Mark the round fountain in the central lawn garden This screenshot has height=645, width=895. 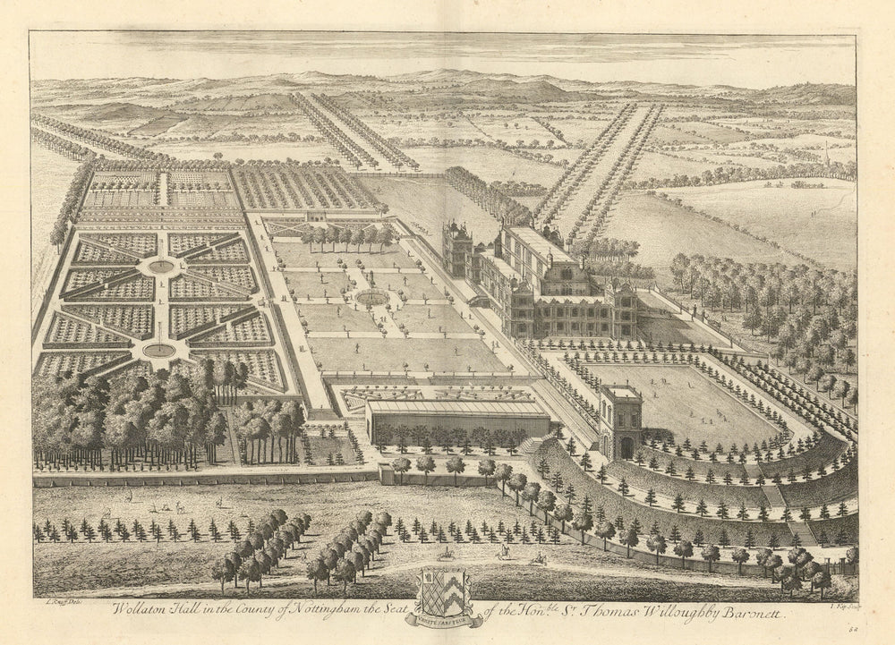point(371,296)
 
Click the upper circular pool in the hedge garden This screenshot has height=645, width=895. point(161,266)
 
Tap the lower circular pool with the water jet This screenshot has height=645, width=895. point(158,349)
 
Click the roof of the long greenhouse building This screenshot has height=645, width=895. point(456,407)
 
